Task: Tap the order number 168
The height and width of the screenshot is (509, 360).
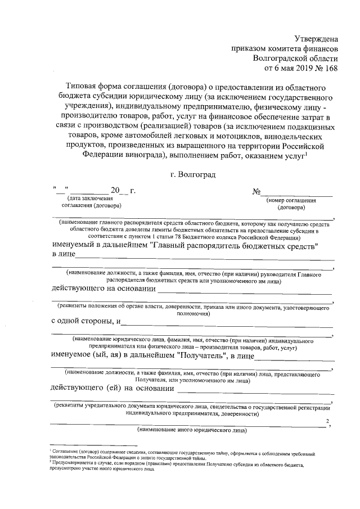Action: (x=331, y=69)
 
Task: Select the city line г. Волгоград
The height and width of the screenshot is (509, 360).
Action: (x=192, y=175)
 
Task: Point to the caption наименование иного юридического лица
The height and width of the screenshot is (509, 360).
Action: (x=191, y=430)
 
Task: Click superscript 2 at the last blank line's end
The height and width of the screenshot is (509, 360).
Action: (x=327, y=421)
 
